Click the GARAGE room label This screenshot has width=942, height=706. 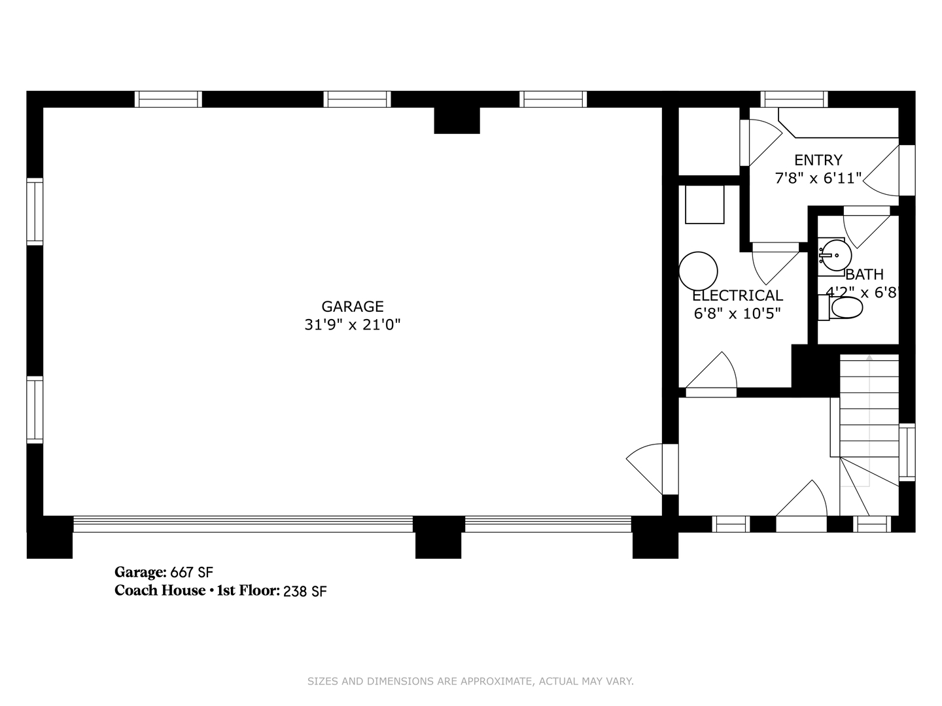[352, 307]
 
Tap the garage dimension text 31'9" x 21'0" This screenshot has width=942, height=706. [352, 325]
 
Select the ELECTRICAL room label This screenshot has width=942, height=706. [737, 295]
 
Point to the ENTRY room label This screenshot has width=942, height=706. [818, 160]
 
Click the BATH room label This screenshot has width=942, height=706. [864, 275]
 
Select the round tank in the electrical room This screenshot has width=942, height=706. [698, 271]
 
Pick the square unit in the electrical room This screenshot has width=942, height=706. [705, 204]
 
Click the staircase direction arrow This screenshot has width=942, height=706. [869, 358]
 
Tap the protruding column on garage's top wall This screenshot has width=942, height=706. [457, 120]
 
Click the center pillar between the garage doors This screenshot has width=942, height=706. [438, 537]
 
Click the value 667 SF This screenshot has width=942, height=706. [192, 573]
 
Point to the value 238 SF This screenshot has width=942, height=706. [305, 592]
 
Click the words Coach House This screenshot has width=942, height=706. [160, 591]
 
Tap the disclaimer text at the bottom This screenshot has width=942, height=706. [470, 681]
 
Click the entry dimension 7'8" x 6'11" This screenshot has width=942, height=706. [818, 178]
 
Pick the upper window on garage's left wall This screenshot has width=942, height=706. [35, 211]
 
